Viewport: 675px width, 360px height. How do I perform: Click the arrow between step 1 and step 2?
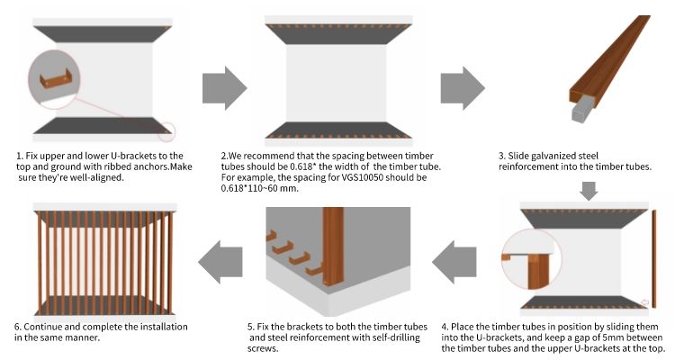pos(222,85)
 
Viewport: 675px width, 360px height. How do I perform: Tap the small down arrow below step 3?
pos(588,191)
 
